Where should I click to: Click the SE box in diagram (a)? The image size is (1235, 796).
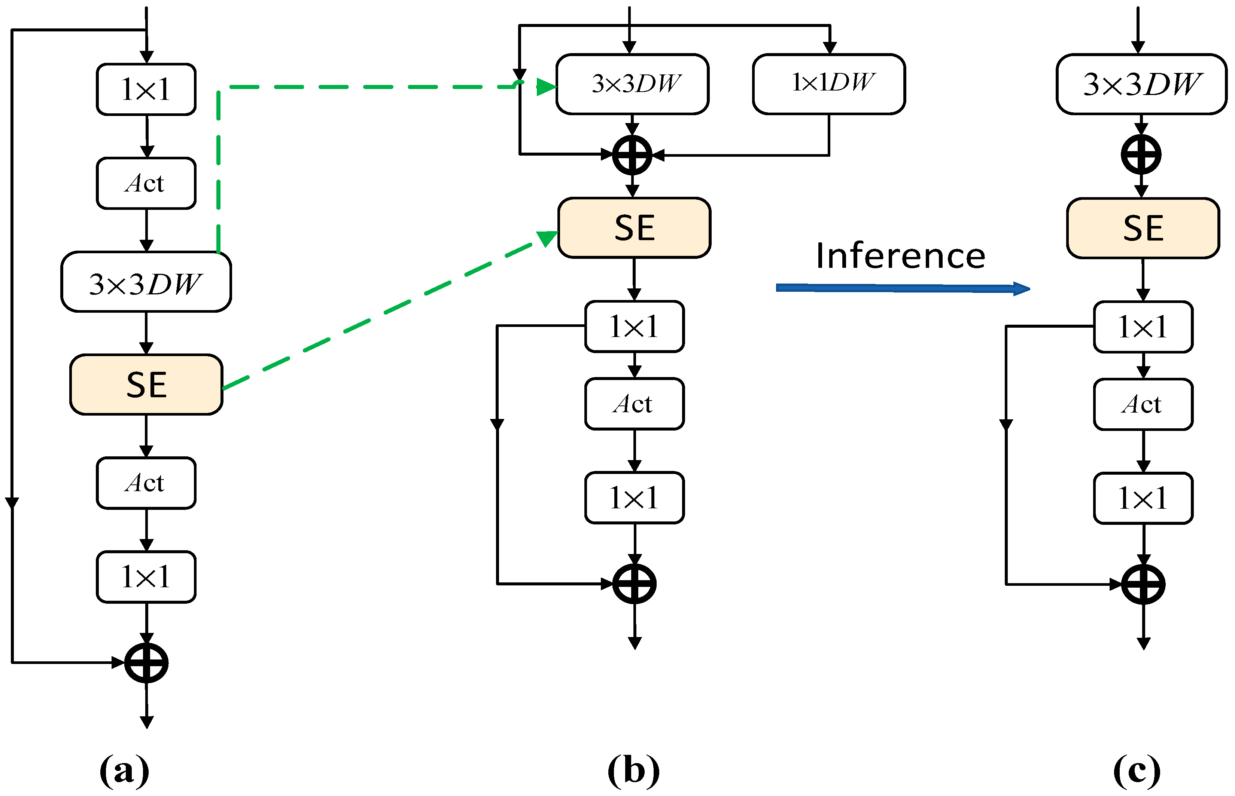click(x=146, y=385)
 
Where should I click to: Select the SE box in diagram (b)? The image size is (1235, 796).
click(x=634, y=227)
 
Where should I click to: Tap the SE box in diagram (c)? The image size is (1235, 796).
click(x=1143, y=228)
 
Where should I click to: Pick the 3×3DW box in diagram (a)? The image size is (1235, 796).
click(x=146, y=282)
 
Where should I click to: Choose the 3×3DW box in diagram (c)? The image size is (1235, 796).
click(x=1141, y=84)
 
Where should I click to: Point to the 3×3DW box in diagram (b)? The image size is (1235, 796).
click(x=632, y=84)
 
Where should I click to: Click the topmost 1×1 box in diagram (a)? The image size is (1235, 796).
click(x=146, y=89)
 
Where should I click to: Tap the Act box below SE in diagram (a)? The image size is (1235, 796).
click(x=146, y=483)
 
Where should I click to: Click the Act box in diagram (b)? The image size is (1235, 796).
click(x=634, y=404)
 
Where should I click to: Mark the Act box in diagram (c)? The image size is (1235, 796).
click(x=1143, y=404)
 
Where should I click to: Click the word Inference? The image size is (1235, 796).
click(x=900, y=256)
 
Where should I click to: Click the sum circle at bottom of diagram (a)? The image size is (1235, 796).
click(x=146, y=662)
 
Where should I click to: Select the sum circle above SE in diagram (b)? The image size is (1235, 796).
click(x=632, y=154)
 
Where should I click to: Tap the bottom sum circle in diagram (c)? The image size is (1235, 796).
click(x=1143, y=585)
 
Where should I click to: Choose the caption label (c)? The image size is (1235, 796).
click(x=1137, y=770)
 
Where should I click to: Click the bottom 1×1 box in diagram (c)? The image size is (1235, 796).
click(x=1143, y=498)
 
